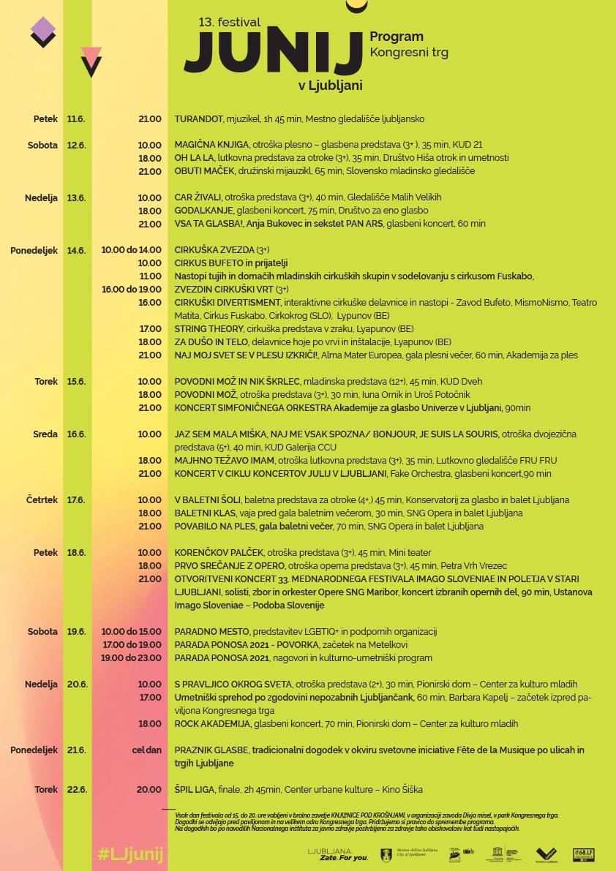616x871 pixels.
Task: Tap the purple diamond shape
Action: coord(43,29)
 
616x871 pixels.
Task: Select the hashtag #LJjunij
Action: coord(130,854)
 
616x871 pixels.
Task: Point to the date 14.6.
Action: coord(76,250)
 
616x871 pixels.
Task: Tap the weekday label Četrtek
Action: coord(42,500)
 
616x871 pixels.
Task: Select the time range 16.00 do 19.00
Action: coord(132,290)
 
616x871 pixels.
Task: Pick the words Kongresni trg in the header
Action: coord(409,53)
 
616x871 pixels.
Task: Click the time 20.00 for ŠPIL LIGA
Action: coord(149,790)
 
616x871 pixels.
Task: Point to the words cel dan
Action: coord(146,750)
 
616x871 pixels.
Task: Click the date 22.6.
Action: coord(76,790)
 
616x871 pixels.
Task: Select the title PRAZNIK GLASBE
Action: coord(211,750)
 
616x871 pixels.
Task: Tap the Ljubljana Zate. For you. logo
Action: coord(338,854)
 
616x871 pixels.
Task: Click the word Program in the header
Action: coord(397,37)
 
